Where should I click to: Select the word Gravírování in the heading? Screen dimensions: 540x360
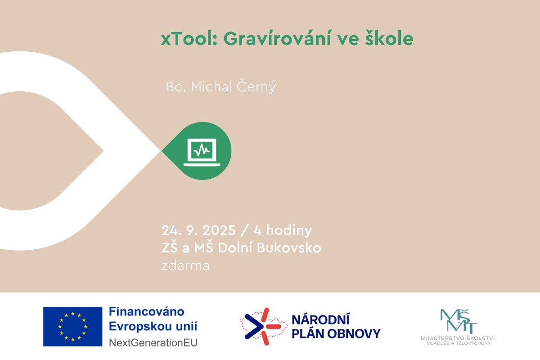(x=277, y=38)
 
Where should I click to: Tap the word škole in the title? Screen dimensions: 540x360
(x=389, y=38)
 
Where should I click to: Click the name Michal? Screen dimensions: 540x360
(x=211, y=86)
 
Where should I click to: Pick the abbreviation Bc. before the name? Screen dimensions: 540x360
(x=176, y=87)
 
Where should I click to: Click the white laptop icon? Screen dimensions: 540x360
(x=202, y=153)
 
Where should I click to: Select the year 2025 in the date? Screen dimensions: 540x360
(x=219, y=230)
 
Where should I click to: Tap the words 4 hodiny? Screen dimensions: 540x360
(x=283, y=230)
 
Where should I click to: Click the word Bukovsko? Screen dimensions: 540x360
(x=289, y=247)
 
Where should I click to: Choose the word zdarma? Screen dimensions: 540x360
(x=185, y=265)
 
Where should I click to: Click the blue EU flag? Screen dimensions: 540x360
(x=72, y=327)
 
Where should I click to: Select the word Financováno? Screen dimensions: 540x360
(x=147, y=311)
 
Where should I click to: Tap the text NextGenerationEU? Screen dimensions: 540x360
(x=153, y=342)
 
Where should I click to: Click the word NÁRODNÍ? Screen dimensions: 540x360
(x=320, y=320)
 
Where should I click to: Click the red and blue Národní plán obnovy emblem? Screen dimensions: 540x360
(x=264, y=327)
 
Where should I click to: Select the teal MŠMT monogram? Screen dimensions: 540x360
(x=459, y=321)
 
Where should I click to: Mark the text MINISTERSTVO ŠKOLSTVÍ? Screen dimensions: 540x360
(x=458, y=338)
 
